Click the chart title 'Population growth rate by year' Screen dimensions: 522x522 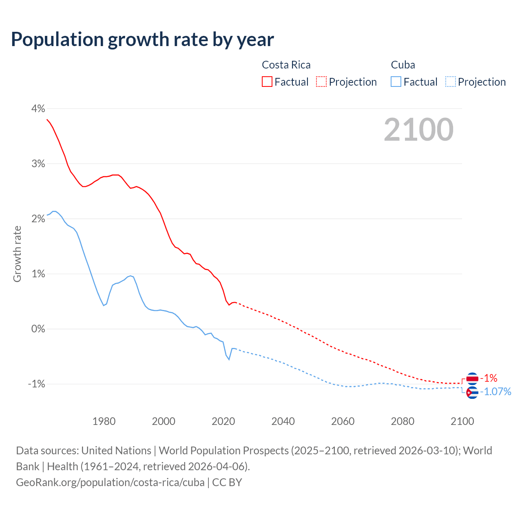click(142, 40)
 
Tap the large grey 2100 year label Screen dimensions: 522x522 click(418, 130)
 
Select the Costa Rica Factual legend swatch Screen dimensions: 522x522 click(267, 82)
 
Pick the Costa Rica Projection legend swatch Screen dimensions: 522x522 click(321, 82)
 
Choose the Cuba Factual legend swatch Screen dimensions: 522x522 click(396, 82)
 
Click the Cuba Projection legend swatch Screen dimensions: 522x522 click(450, 82)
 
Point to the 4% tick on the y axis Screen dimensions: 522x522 click(38, 108)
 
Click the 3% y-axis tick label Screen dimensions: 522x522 click(38, 164)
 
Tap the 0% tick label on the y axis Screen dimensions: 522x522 click(38, 329)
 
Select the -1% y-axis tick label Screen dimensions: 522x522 click(36, 384)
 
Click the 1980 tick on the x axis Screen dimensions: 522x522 click(104, 421)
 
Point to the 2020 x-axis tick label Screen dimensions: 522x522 click(223, 421)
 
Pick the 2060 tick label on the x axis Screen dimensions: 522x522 click(343, 421)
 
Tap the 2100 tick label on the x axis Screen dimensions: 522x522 click(462, 421)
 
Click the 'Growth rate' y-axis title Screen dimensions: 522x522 click(17, 254)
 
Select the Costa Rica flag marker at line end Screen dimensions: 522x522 click(472, 378)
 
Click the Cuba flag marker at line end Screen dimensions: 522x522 click(472, 392)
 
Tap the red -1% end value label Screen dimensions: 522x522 click(489, 378)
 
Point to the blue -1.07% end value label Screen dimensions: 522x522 click(495, 392)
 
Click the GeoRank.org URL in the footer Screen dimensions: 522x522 click(110, 482)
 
